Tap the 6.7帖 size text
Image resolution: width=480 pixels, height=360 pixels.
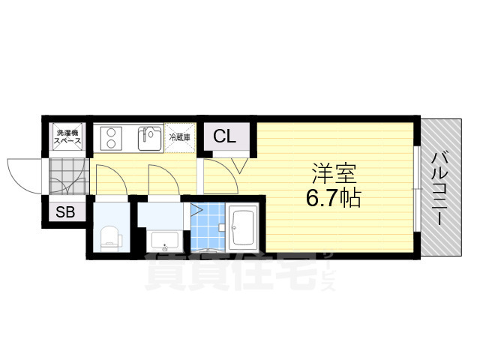pyautogui.click(x=335, y=199)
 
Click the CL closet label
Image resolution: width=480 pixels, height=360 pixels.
pyautogui.click(x=224, y=136)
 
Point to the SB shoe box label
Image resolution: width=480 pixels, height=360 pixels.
pyautogui.click(x=65, y=212)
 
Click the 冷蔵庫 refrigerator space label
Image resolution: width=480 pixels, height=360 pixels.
pyautogui.click(x=179, y=138)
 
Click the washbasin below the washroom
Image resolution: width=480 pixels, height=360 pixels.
pyautogui.click(x=162, y=241)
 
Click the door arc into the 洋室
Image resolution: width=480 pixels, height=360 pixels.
pyautogui.click(x=219, y=172)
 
